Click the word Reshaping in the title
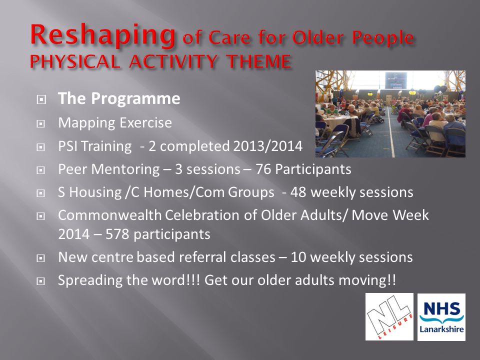102,35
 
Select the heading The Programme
119,98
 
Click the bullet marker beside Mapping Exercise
40,123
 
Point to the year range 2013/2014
268,146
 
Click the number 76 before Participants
263,169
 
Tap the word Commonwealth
109,215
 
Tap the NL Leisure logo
389,317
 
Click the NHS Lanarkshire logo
441,317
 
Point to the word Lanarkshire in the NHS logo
441,329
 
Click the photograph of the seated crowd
390,114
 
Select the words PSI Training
95,146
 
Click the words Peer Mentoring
108,169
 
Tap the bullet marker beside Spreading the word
40,281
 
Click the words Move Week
390,215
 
